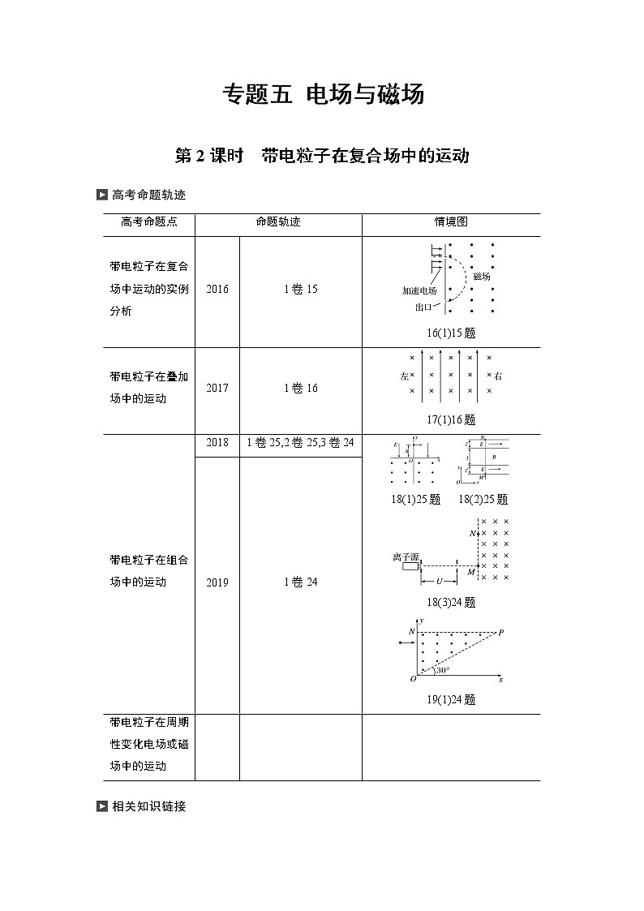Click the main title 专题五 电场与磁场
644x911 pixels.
tap(323, 95)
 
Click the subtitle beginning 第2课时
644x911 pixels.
tap(323, 156)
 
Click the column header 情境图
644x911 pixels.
tap(451, 221)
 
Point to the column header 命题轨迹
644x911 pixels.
tap(277, 221)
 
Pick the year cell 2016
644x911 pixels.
tap(217, 290)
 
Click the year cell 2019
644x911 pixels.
tap(217, 582)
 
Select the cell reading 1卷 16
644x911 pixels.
tap(301, 388)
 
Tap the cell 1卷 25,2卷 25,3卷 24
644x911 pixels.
tap(301, 443)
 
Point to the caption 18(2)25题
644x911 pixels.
tap(483, 500)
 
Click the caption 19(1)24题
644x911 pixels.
tap(451, 700)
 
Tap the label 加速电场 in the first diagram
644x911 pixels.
tap(419, 290)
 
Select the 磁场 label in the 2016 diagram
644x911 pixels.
tap(482, 276)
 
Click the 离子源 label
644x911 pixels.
tap(405, 557)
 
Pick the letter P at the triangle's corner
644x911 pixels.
tap(500, 632)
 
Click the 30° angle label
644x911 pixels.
tap(443, 671)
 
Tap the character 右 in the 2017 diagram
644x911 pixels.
tap(498, 376)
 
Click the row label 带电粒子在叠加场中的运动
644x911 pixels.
tap(149, 388)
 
